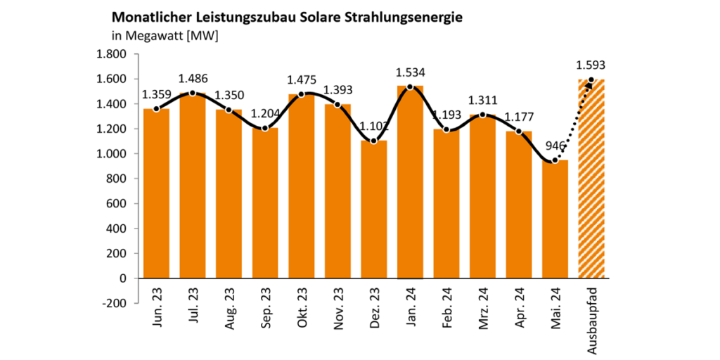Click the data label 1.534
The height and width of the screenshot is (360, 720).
[x=410, y=72]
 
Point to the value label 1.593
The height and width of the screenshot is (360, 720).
[x=590, y=65]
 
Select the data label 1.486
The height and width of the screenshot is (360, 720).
[x=193, y=79]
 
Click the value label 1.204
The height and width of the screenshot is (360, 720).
[x=265, y=114]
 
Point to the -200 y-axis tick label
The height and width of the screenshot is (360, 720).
[x=113, y=303]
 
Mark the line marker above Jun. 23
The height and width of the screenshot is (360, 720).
[x=156, y=109]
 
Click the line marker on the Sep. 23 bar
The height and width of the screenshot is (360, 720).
[x=265, y=128]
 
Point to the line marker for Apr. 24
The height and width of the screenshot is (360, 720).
[x=519, y=131]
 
